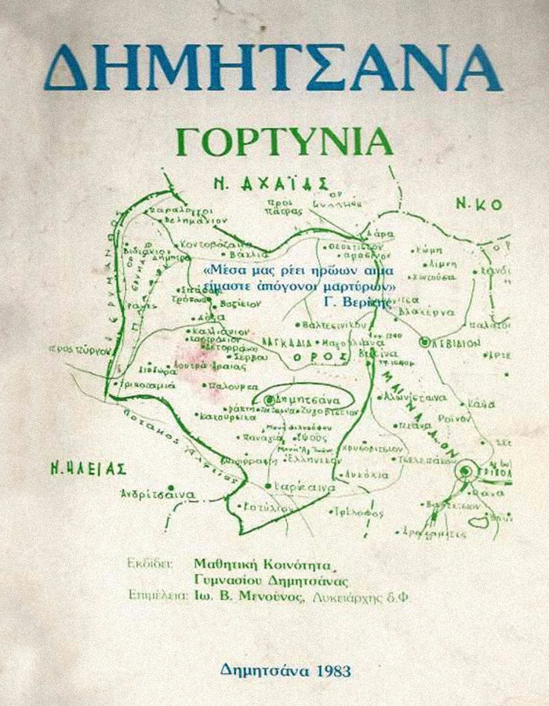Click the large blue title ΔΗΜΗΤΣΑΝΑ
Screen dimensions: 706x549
(x=272, y=66)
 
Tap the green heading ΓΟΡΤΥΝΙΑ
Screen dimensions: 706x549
(x=285, y=142)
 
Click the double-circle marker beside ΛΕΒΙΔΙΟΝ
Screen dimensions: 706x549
(x=426, y=342)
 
